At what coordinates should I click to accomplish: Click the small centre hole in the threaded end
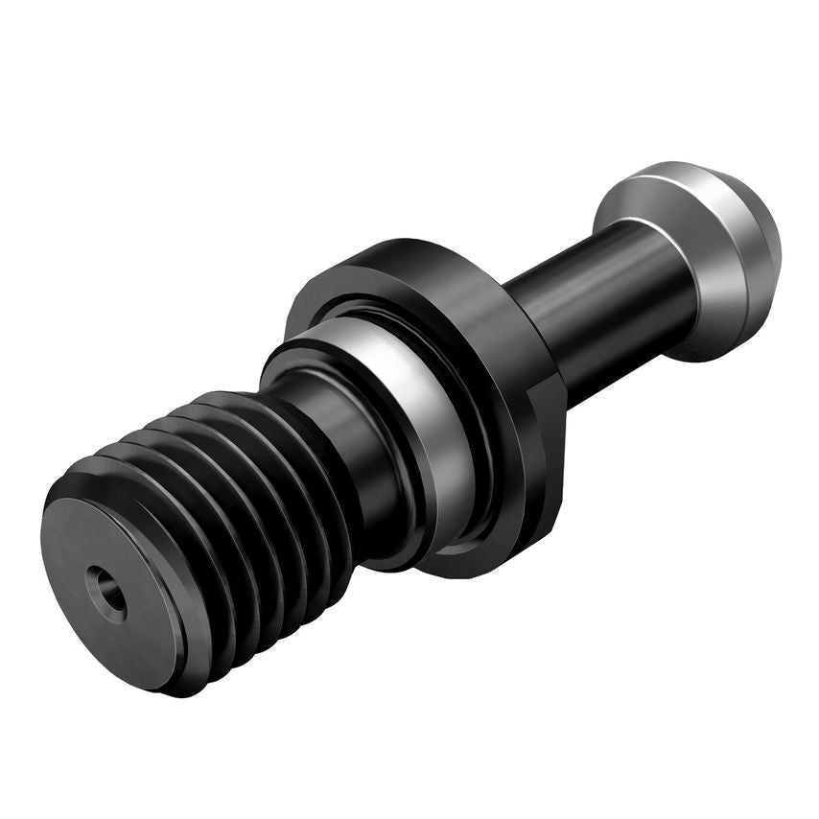pyautogui.click(x=105, y=594)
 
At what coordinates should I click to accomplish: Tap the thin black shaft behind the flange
pyautogui.click(x=595, y=307)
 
